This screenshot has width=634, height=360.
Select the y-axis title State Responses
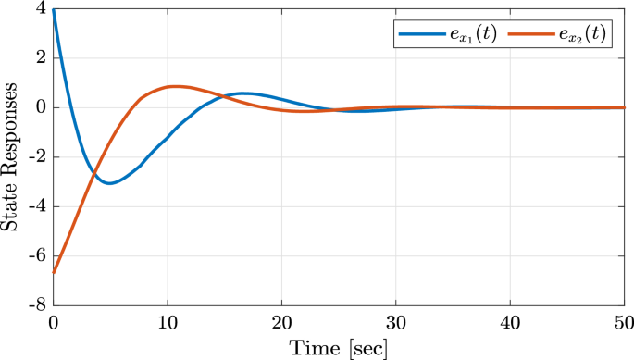point(12,156)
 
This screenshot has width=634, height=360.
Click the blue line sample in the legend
point(421,35)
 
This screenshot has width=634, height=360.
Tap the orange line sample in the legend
point(532,35)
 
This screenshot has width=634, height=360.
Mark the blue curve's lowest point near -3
point(109,183)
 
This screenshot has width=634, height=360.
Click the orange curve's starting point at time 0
point(54,272)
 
